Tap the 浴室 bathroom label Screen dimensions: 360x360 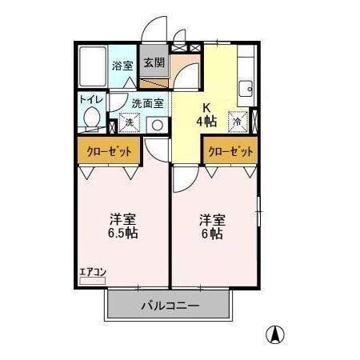click(x=122, y=66)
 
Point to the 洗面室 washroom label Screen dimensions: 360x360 click(x=148, y=102)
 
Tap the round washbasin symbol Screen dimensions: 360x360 click(x=158, y=124)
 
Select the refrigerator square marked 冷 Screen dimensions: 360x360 click(x=238, y=121)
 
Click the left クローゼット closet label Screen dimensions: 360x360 click(x=108, y=150)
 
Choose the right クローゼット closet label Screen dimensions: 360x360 click(x=231, y=150)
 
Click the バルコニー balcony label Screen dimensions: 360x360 click(x=170, y=305)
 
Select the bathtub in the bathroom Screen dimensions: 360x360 click(x=94, y=66)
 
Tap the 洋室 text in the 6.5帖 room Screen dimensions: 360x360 click(x=122, y=218)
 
